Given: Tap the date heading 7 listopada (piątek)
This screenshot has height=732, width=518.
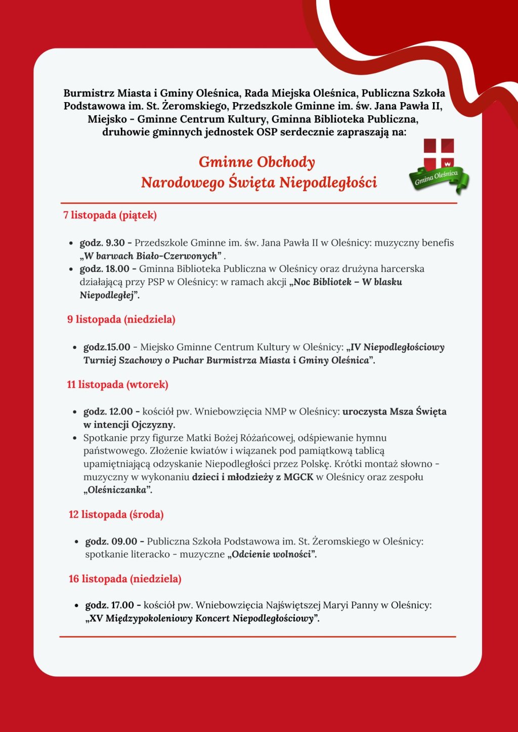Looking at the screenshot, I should point(110,215).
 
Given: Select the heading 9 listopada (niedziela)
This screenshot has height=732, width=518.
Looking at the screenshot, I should point(121,319).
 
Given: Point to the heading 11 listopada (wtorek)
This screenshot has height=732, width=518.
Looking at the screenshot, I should point(117,385).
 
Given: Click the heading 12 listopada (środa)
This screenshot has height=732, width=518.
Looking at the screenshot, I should point(116,515).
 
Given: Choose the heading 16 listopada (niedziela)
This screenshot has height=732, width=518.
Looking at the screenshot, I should point(125,579).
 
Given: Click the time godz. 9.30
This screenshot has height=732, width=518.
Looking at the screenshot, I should point(102,243).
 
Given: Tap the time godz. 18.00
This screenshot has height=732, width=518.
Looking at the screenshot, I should point(105,269).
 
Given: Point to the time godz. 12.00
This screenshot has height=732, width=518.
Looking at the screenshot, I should point(108,411).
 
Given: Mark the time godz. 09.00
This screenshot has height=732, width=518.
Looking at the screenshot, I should point(111,541).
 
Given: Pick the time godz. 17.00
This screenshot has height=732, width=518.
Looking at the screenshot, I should point(110,605).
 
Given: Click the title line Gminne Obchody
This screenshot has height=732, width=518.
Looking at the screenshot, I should point(256,162).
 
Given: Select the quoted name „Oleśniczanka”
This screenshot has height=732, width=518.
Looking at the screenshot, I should point(118,490).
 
